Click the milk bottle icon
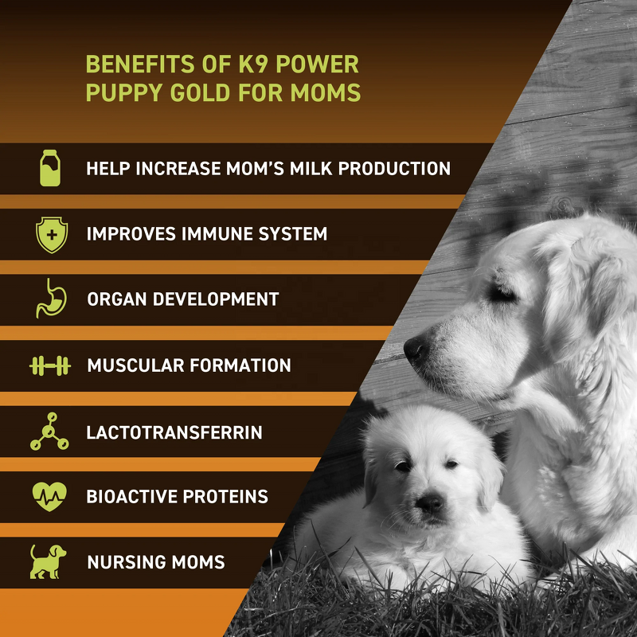pos(50,168)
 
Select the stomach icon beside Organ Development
pos(49,299)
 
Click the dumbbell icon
pos(49,365)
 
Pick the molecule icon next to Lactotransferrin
pos(49,432)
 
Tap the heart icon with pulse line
pos(49,496)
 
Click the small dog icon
pos(49,561)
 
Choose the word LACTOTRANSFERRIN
pos(174,432)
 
